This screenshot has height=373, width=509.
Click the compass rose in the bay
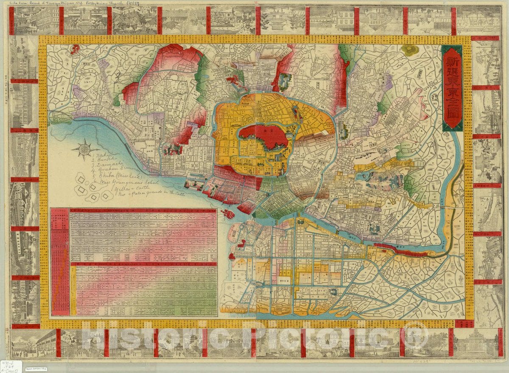[85, 149]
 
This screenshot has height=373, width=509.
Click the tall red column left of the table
[60, 261]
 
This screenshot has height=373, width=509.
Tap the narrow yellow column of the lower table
[73, 291]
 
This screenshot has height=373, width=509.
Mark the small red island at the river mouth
[228, 213]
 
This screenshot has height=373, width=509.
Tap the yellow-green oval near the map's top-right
[410, 50]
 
